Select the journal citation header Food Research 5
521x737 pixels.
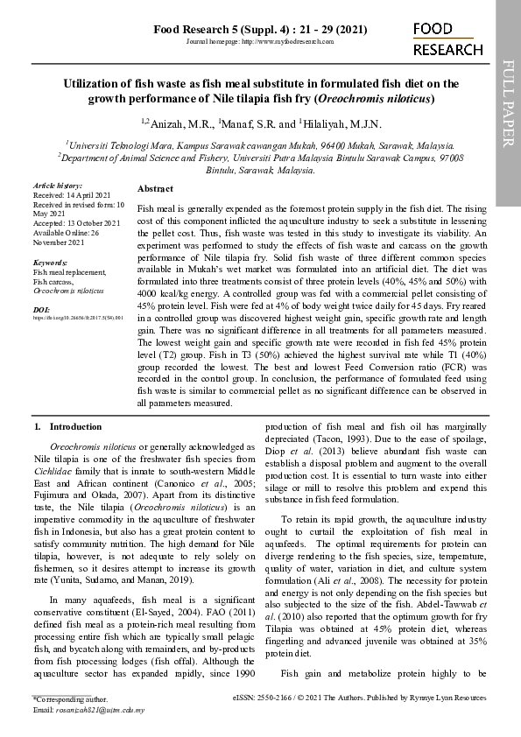[260, 29]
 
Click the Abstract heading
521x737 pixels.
[155, 189]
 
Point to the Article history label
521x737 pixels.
[58, 186]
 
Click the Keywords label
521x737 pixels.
[51, 263]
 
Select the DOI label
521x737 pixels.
[41, 310]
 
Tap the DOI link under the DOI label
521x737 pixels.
[78, 319]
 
